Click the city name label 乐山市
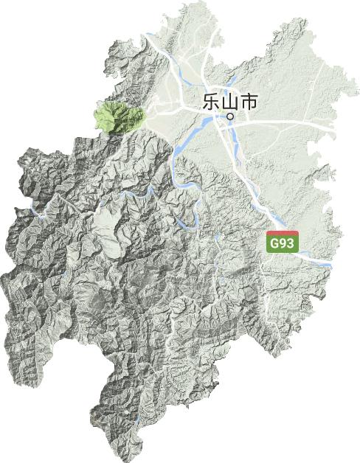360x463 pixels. [x=229, y=102]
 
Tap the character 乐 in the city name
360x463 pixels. [x=210, y=102]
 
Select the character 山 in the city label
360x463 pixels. [x=229, y=102]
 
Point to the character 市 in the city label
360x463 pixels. [x=249, y=102]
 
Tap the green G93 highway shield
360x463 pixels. [x=283, y=243]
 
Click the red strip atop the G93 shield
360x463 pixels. [x=283, y=233]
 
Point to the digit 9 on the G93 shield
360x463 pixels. [x=283, y=244]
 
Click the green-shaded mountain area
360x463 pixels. [x=118, y=116]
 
